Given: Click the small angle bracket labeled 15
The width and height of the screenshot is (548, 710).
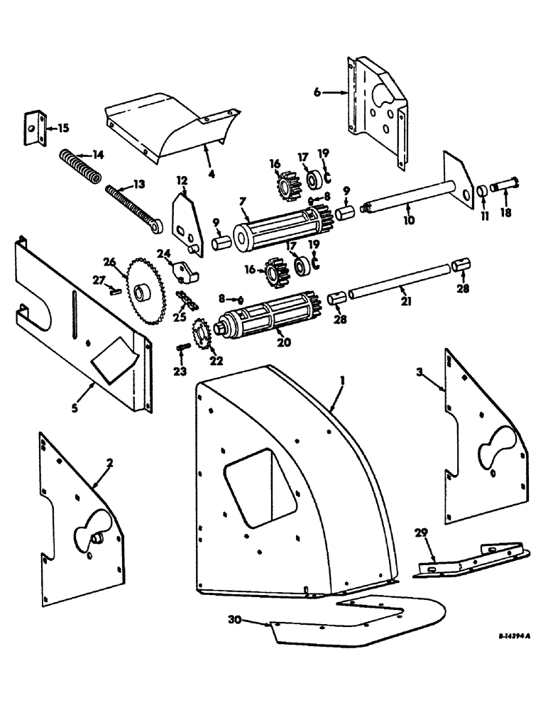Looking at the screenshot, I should coord(34,129).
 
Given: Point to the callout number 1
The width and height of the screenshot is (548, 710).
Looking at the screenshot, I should coord(342,382).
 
